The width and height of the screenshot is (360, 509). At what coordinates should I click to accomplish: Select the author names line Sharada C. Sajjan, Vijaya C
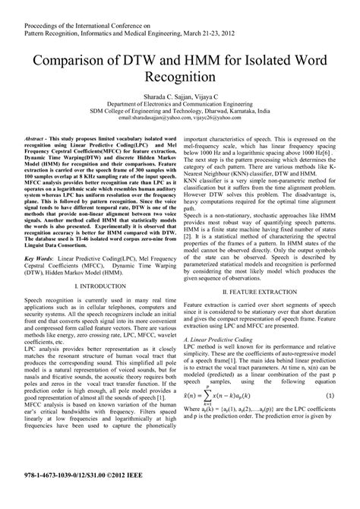point(180,98)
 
